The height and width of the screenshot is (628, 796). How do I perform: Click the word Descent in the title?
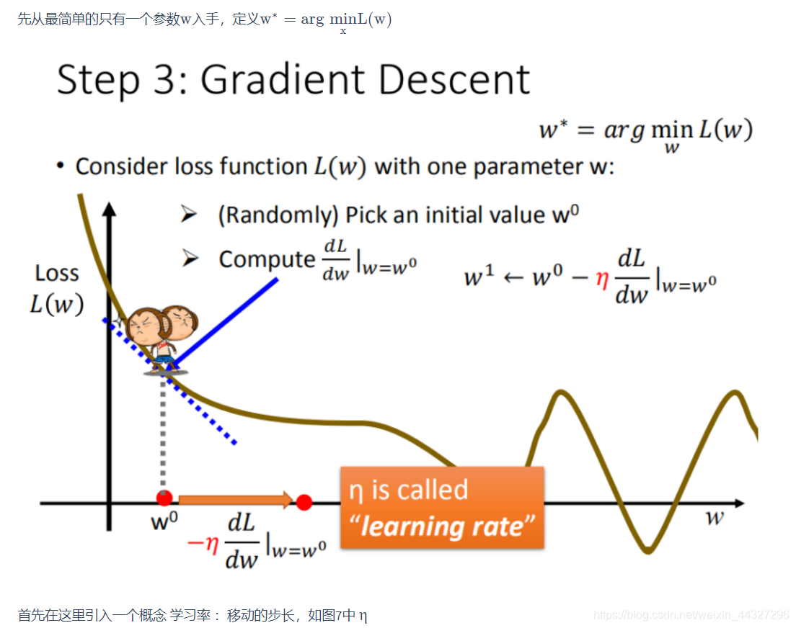click(454, 80)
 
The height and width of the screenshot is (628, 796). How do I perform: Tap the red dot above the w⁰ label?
click(164, 498)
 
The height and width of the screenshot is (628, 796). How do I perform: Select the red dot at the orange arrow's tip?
click(304, 502)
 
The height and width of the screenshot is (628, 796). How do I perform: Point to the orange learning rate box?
click(442, 507)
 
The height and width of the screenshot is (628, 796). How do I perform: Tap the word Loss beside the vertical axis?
click(57, 274)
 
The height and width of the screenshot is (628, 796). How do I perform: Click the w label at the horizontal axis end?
click(715, 517)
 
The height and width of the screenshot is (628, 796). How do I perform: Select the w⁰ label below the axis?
click(164, 521)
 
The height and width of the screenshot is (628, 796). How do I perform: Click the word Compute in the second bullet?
click(267, 260)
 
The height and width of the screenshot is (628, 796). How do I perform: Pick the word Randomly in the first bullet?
click(278, 215)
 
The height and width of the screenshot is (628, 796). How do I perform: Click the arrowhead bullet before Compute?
click(190, 259)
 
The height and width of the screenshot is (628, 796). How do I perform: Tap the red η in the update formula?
click(602, 279)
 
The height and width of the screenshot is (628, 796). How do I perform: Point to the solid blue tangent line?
click(224, 322)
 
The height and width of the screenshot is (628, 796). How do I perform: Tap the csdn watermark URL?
click(691, 615)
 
